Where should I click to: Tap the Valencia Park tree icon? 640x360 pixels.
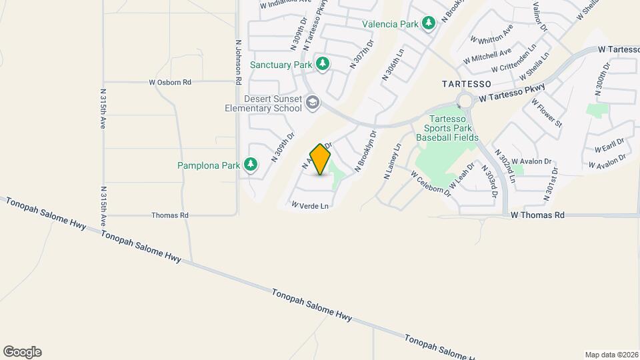coord(429,24)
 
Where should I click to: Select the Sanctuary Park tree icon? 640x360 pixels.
coord(323,64)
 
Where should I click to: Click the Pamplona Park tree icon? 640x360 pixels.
coord(251,164)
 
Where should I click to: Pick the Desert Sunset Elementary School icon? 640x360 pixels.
coord(313,102)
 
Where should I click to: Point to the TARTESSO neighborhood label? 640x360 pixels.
coord(467,85)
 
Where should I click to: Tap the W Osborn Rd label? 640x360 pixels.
coord(170,83)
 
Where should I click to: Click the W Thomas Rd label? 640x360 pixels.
coord(537,215)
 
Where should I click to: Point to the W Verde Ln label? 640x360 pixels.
coord(310,206)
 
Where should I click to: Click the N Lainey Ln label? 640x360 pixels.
coord(392,161)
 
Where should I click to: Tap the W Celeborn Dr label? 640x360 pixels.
coord(431,184)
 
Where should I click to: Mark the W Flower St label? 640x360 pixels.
coord(547,113)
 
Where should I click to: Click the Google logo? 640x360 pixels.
coord(22,352)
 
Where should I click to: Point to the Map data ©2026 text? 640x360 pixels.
coord(611,355)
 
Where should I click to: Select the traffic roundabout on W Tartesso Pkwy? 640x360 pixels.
coord(464,101)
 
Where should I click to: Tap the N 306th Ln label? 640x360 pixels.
coord(393,64)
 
